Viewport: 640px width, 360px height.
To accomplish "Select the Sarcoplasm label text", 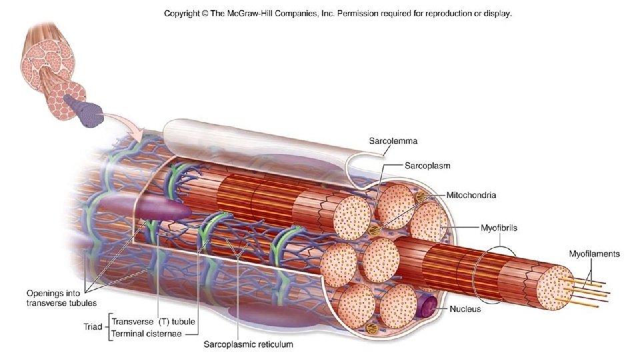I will pos(427,163).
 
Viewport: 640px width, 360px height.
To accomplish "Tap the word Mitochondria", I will pos(471,195).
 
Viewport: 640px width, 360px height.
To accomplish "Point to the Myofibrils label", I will pos(499,227).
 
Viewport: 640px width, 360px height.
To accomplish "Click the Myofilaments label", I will pos(593,253).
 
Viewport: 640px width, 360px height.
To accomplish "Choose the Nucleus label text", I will pos(465,309).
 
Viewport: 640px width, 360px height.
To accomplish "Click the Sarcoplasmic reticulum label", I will pos(248,345).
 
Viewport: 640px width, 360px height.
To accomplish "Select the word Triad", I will pos(93,328).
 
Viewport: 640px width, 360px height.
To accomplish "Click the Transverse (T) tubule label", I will pos(153,321).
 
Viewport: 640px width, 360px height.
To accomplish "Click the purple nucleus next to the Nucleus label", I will pos(425,306).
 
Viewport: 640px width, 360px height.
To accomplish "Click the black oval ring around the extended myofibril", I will pos(495,273).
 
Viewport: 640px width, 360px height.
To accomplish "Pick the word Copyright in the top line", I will pos(185,13).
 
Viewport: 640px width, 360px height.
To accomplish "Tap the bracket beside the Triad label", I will pos(109,328).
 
